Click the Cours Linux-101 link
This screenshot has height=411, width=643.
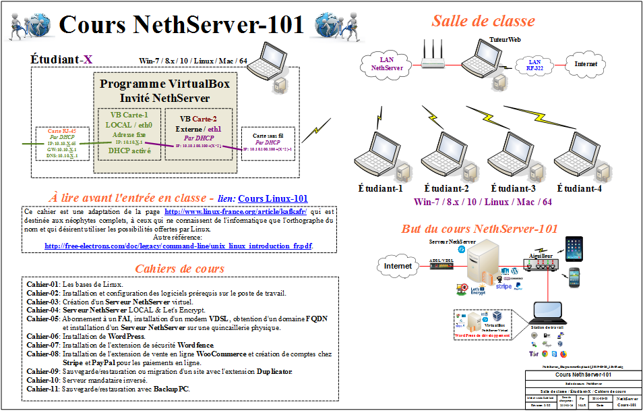[273, 198]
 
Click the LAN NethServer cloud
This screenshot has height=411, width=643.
[387, 64]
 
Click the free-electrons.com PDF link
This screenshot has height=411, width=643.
[178, 246]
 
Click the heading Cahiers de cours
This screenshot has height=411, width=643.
[179, 269]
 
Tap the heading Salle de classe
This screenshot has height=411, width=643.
[483, 21]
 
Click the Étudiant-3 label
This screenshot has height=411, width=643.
[513, 188]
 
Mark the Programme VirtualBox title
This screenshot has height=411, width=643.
[164, 84]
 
